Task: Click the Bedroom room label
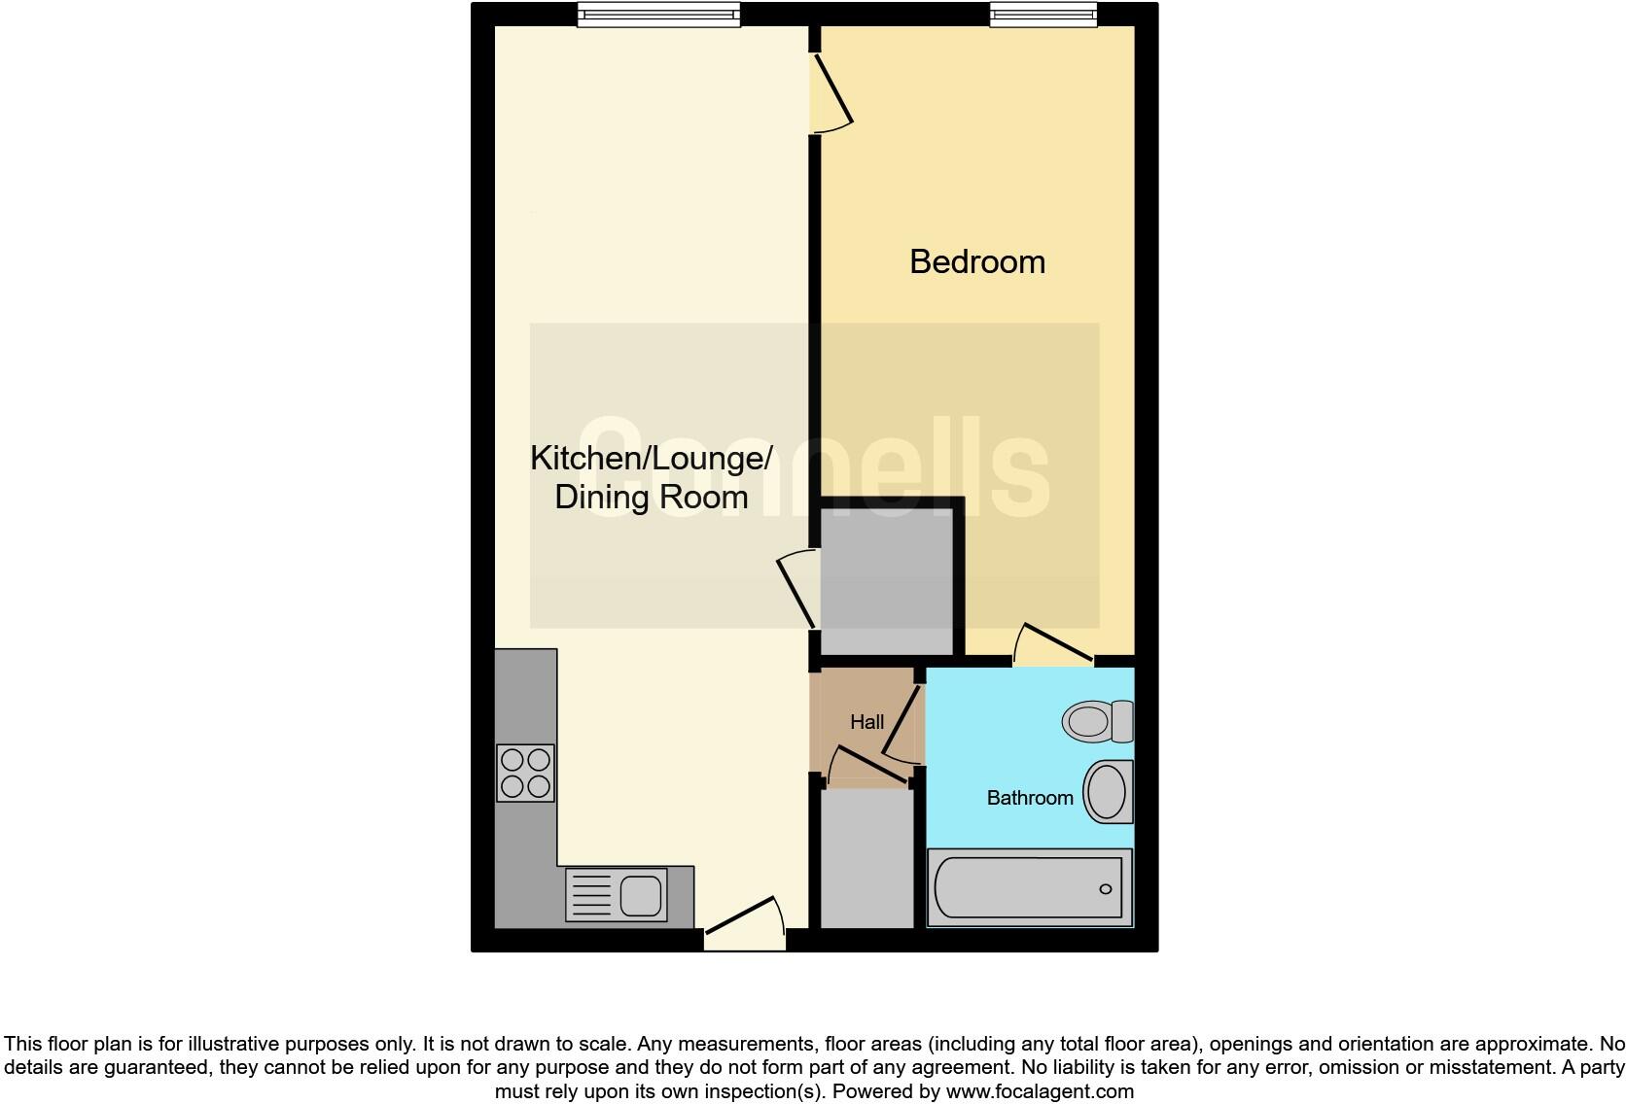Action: [976, 261]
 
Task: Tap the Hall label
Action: [866, 722]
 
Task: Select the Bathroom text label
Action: [1030, 798]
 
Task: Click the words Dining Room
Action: [651, 498]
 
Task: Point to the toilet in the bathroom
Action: [1097, 721]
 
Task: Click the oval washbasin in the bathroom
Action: [1107, 791]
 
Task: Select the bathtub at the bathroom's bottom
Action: [1029, 887]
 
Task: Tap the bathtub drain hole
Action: [1105, 889]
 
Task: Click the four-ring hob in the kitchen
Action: [525, 773]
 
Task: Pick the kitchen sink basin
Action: [641, 892]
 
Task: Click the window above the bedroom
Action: [1043, 13]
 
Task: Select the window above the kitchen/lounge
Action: [658, 13]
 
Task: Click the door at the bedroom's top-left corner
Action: [831, 92]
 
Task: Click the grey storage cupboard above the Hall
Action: [886, 581]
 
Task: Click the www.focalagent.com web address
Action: [1039, 1091]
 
